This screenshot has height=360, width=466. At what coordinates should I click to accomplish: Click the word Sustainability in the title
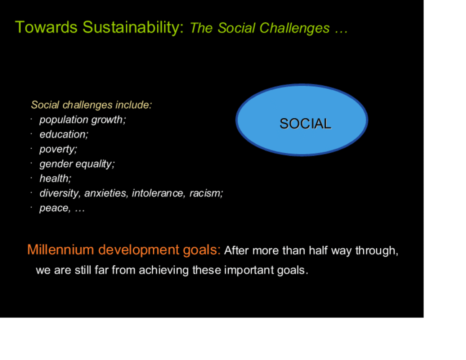point(133,28)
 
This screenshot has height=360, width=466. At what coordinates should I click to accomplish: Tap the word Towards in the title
point(46,27)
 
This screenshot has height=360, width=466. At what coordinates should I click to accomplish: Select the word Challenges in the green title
point(294,29)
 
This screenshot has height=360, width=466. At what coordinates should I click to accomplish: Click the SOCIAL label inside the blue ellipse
point(305,123)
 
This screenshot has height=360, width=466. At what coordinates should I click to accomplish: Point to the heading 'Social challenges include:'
point(91,105)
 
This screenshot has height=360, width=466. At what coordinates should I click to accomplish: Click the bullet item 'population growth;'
point(82,120)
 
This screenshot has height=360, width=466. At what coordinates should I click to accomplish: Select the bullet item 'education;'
point(64,134)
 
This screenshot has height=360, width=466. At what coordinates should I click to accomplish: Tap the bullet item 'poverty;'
point(58,149)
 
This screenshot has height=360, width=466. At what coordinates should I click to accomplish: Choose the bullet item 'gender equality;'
point(77,164)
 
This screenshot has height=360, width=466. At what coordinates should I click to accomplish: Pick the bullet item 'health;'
point(55,178)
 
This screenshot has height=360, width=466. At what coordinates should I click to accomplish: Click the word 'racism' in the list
point(206,193)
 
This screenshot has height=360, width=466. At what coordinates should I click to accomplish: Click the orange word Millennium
point(61,250)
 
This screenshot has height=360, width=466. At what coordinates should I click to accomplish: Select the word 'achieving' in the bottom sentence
point(163,270)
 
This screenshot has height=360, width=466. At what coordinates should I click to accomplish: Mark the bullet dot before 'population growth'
point(31,119)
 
